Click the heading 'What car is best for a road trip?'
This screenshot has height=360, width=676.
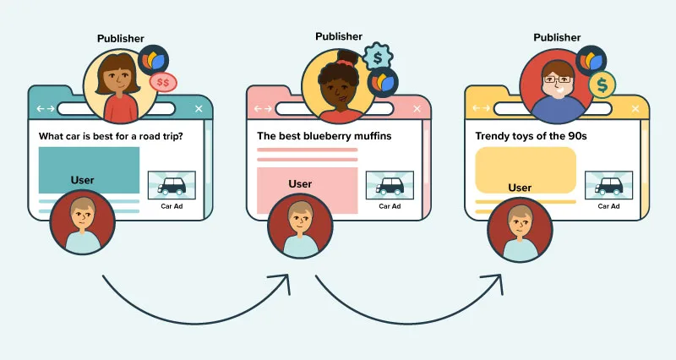(110, 135)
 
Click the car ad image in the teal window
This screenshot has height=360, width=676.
(172, 185)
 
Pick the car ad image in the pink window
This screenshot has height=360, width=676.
(390, 185)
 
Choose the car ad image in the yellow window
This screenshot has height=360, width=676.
(608, 185)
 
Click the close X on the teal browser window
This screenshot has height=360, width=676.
(199, 108)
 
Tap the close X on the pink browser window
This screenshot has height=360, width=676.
(417, 108)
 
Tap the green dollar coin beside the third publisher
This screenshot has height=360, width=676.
(602, 85)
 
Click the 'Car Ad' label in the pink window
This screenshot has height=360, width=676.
(390, 206)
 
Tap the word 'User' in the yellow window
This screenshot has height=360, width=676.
(520, 188)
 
